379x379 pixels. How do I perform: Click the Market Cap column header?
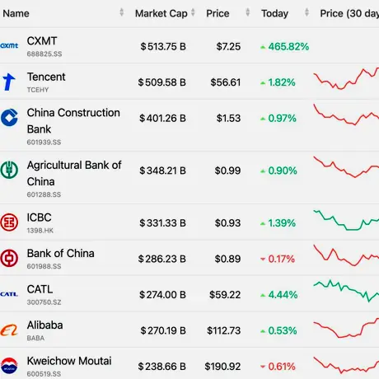[x=161, y=13]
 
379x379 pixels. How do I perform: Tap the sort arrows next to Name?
[x=122, y=12]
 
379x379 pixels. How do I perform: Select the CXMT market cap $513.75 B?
[x=163, y=47]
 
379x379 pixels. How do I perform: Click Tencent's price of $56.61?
[x=226, y=82]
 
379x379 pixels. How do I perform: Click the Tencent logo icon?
[x=9, y=82]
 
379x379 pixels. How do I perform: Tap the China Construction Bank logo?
[x=9, y=118]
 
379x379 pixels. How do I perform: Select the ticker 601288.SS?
[x=44, y=194]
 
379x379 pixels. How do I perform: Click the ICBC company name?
[x=39, y=218]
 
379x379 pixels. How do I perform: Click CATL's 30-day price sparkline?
[x=346, y=291]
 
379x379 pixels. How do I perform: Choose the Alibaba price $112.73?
[x=224, y=330]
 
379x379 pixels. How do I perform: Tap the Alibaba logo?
[x=9, y=330]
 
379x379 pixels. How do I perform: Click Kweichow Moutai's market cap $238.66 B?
[x=162, y=367]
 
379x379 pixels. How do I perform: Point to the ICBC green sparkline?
[x=346, y=220]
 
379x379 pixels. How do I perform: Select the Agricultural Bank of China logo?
[x=9, y=170]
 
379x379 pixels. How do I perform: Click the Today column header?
[x=274, y=13]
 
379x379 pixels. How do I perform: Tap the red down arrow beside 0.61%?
[x=263, y=367]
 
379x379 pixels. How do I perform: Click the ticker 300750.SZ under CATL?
[x=44, y=302]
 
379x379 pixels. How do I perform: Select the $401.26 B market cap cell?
[x=162, y=119]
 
